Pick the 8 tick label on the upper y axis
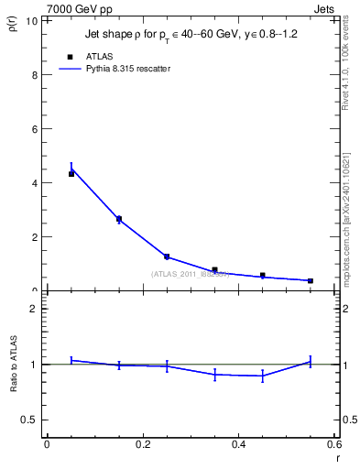click(x=35, y=75)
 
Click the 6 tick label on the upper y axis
click(x=35, y=129)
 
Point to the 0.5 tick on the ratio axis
click(x=30, y=420)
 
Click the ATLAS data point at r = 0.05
click(x=71, y=173)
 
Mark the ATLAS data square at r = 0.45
click(x=263, y=275)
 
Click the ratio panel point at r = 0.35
click(x=214, y=374)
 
